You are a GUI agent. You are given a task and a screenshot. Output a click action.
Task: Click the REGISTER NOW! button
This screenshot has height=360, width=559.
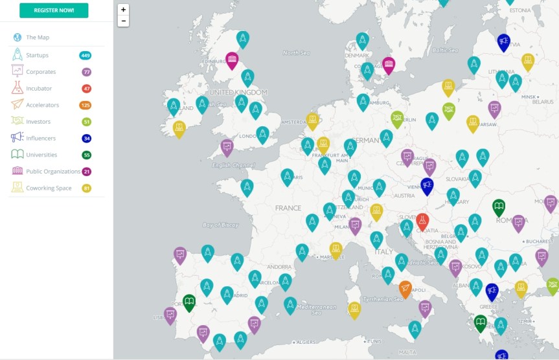click(x=54, y=10)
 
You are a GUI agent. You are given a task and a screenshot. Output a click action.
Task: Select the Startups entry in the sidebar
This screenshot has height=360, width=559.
click(x=37, y=55)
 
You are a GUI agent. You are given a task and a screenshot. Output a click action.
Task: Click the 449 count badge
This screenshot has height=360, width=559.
click(x=85, y=55)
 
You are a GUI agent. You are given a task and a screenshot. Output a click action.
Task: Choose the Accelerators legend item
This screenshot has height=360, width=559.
click(x=42, y=105)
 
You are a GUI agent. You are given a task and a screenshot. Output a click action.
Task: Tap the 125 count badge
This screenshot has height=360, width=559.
click(x=85, y=105)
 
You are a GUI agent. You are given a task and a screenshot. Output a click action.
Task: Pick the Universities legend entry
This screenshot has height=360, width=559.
click(x=41, y=155)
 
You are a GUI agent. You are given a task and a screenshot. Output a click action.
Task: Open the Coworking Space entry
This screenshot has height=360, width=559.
click(x=49, y=188)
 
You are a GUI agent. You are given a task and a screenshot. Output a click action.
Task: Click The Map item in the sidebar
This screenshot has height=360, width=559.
click(x=37, y=38)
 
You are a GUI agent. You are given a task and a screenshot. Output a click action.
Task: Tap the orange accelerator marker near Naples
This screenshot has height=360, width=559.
click(x=405, y=288)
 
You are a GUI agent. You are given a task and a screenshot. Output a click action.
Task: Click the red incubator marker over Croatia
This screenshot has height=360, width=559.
click(x=422, y=221)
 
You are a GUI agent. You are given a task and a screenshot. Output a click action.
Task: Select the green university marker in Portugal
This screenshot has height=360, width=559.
click(x=188, y=301)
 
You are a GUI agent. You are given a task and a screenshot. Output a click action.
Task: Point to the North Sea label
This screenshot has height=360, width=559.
click(x=297, y=53)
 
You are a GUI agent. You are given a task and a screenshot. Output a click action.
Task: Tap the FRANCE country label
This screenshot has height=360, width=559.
click(x=288, y=208)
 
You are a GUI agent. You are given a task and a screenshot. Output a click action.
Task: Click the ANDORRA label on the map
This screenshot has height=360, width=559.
click(x=279, y=267)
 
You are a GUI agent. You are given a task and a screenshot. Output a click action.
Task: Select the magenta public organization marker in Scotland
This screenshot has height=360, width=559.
click(x=232, y=60)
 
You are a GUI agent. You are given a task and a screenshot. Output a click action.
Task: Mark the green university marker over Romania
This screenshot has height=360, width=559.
click(x=499, y=207)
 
